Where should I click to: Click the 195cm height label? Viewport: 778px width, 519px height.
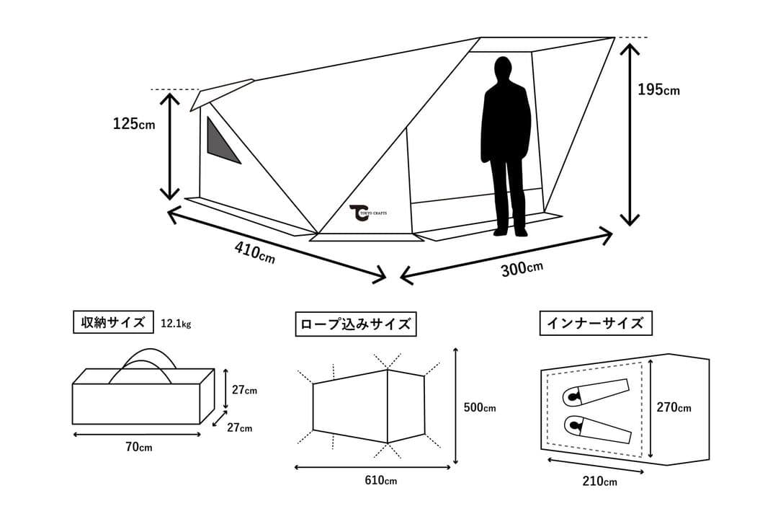pyautogui.click(x=658, y=90)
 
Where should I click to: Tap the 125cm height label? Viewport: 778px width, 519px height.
pyautogui.click(x=133, y=124)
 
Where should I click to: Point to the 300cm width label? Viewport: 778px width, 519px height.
pyautogui.click(x=522, y=269)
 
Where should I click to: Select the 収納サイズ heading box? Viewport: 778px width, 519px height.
pyautogui.click(x=113, y=322)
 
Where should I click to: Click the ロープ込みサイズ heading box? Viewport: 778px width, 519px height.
pyautogui.click(x=356, y=324)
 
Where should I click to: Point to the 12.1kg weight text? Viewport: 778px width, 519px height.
pyautogui.click(x=176, y=324)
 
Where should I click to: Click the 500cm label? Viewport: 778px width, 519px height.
pyautogui.click(x=479, y=407)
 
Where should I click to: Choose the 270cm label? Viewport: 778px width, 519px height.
pyautogui.click(x=674, y=408)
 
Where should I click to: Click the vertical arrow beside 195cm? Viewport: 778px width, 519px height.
pyautogui.click(x=630, y=133)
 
